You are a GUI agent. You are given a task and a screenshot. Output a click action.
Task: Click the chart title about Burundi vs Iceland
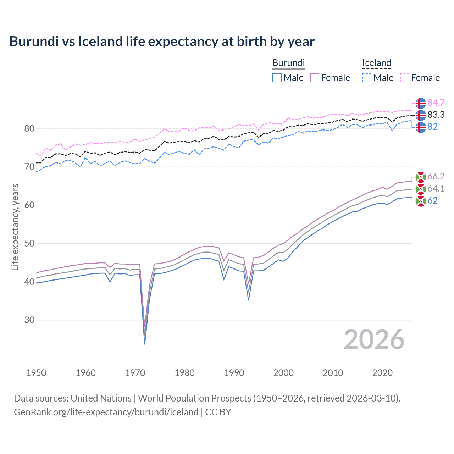point(162,41)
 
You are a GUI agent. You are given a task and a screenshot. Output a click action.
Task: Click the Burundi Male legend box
point(277,78)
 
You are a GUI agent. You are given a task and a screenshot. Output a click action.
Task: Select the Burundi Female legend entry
point(330,78)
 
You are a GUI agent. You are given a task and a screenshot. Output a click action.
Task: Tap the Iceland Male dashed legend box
point(367,78)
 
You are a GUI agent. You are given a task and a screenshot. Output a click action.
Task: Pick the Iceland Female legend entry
point(420,78)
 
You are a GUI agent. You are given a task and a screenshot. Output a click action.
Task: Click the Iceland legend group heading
point(376,63)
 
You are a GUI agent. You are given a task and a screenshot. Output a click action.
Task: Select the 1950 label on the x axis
point(36,373)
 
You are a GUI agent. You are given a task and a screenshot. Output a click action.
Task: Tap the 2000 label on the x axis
point(283,373)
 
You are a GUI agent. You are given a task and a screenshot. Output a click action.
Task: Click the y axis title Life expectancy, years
point(15,227)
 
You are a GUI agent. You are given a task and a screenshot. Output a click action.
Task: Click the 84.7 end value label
point(436,103)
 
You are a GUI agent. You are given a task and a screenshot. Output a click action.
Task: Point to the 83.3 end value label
point(436,115)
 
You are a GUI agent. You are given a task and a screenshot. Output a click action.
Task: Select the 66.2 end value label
point(436,176)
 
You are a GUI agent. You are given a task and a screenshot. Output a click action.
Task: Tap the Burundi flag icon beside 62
point(421,201)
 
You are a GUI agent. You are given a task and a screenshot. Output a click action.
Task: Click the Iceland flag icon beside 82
point(421,127)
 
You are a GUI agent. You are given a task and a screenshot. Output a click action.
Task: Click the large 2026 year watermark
point(374,339)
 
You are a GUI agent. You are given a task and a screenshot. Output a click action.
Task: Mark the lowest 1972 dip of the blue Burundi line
point(145,344)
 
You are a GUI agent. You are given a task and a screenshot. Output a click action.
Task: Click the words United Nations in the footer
point(101,398)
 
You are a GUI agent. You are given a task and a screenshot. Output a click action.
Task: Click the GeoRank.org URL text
point(106,412)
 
